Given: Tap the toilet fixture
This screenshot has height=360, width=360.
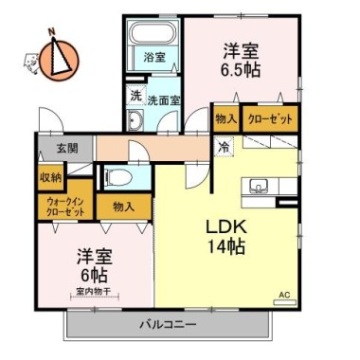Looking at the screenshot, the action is click(x=118, y=177).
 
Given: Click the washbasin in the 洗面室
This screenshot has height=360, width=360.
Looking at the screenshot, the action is click(x=135, y=120).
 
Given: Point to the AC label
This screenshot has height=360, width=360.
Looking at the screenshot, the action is click(x=284, y=296).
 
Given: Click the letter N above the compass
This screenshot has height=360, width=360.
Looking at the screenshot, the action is click(x=52, y=31).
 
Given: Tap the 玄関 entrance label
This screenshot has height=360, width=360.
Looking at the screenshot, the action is click(x=67, y=148).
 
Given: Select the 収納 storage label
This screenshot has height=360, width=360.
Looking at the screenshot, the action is click(x=50, y=178).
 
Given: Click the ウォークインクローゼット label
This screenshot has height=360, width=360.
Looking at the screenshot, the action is click(x=65, y=207).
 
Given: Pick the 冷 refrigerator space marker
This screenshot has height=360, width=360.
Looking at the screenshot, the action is click(x=224, y=148).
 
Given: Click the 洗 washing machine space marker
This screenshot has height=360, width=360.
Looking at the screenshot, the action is click(x=135, y=97).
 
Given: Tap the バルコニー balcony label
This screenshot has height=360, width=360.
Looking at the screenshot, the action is click(x=169, y=324).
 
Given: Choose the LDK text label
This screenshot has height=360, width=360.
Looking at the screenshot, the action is click(x=226, y=226).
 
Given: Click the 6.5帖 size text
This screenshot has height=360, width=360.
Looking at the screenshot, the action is click(x=241, y=70).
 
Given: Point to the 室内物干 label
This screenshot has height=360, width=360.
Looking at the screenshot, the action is click(x=93, y=291).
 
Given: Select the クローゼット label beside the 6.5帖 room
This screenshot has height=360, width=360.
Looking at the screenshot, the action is click(x=270, y=119).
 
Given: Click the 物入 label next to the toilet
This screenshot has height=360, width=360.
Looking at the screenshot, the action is click(x=124, y=207).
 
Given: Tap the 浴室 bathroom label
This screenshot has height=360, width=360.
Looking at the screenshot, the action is click(x=154, y=58).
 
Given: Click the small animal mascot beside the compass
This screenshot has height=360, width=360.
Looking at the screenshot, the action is click(x=31, y=63).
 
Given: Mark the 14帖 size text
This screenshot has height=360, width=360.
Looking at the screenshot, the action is click(x=225, y=246).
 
